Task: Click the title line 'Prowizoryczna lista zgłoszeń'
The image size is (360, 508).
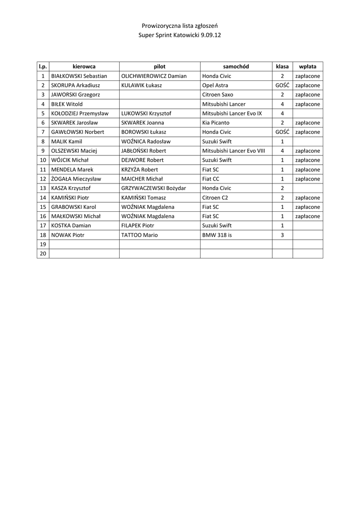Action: click(180, 25)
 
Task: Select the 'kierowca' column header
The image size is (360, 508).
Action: click(84, 66)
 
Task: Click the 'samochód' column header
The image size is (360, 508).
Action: click(236, 66)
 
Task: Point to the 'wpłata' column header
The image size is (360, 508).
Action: click(307, 66)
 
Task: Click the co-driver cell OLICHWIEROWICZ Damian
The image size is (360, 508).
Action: click(154, 76)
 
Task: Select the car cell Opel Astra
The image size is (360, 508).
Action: click(215, 85)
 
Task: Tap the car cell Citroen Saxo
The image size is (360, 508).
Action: click(217, 95)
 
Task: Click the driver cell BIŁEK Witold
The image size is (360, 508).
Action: click(67, 104)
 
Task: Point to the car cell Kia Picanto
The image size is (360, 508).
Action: click(216, 123)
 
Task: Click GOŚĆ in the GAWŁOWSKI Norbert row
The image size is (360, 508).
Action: click(282, 132)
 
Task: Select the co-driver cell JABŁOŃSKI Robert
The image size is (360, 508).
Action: click(144, 151)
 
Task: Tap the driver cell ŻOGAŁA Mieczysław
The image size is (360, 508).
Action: click(76, 179)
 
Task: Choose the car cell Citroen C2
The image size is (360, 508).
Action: click(215, 197)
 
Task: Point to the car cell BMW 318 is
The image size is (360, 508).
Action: click(217, 235)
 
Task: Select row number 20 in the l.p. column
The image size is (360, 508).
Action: click(43, 254)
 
